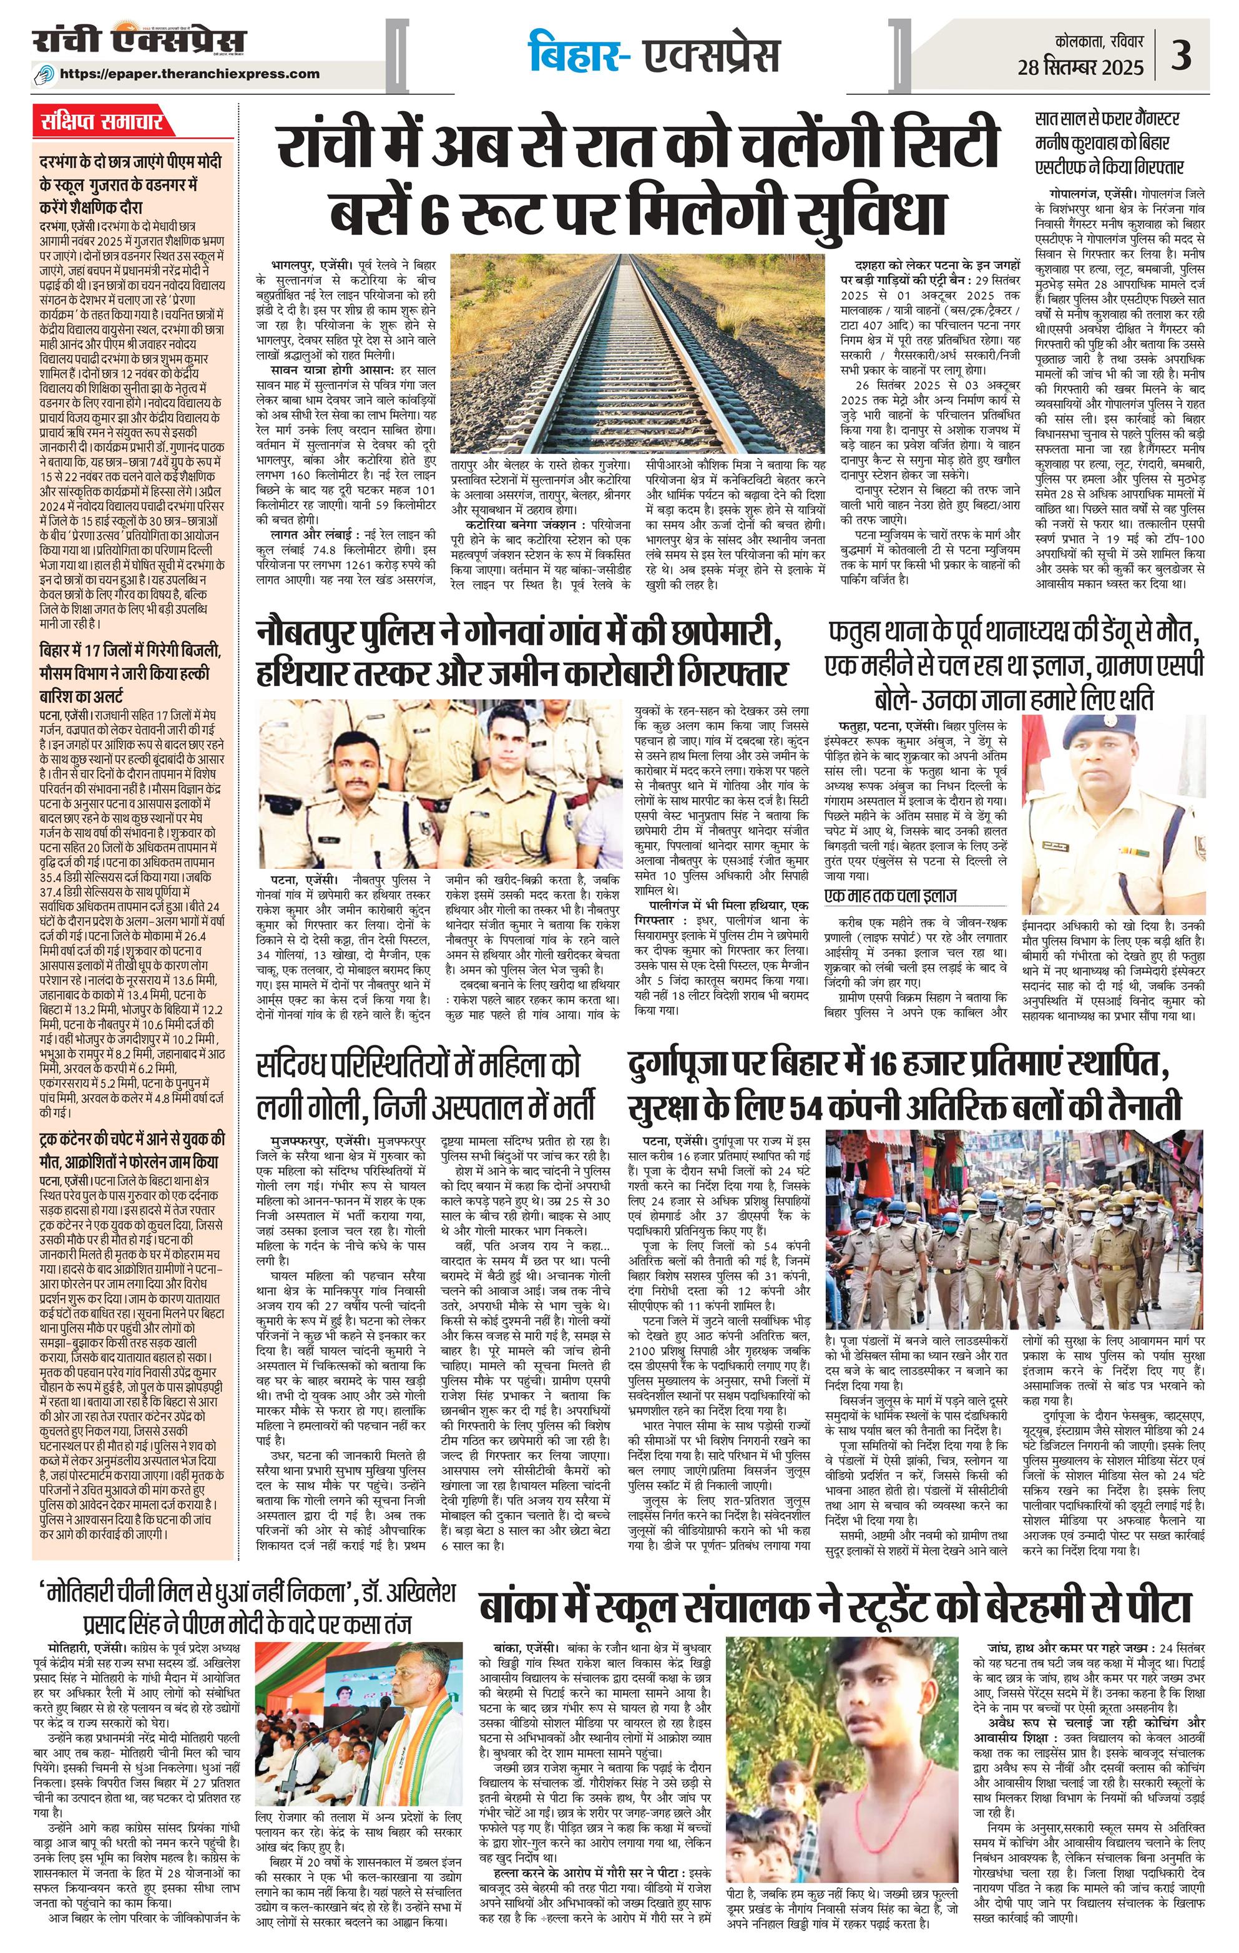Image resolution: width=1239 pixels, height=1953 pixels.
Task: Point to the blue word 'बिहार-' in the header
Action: pyautogui.click(x=578, y=55)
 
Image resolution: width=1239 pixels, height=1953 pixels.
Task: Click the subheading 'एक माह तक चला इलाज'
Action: pyautogui.click(x=890, y=896)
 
